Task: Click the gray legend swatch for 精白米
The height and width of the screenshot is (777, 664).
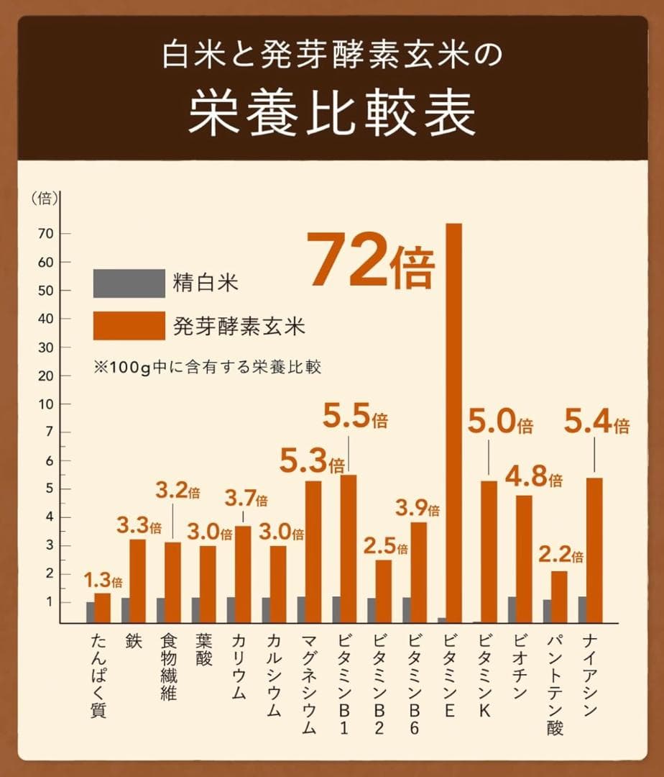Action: coord(129,283)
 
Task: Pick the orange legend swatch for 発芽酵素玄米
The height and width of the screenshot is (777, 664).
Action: coord(129,326)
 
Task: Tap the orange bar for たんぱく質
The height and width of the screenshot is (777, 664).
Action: coord(103,608)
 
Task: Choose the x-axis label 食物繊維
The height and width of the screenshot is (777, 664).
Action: coord(167,666)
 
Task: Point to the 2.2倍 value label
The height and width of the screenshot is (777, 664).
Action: coord(561,555)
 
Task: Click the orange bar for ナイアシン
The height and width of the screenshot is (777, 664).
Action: coord(594,550)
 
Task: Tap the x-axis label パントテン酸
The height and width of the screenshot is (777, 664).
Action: coord(554,684)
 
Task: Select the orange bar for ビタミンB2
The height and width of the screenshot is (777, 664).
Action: coord(384,591)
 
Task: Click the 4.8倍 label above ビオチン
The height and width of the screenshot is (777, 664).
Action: coord(533,478)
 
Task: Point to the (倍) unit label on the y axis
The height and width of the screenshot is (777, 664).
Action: coord(45,199)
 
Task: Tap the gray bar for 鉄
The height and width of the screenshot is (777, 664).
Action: coord(125,610)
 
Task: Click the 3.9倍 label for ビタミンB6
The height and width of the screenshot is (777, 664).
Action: coord(417,509)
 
